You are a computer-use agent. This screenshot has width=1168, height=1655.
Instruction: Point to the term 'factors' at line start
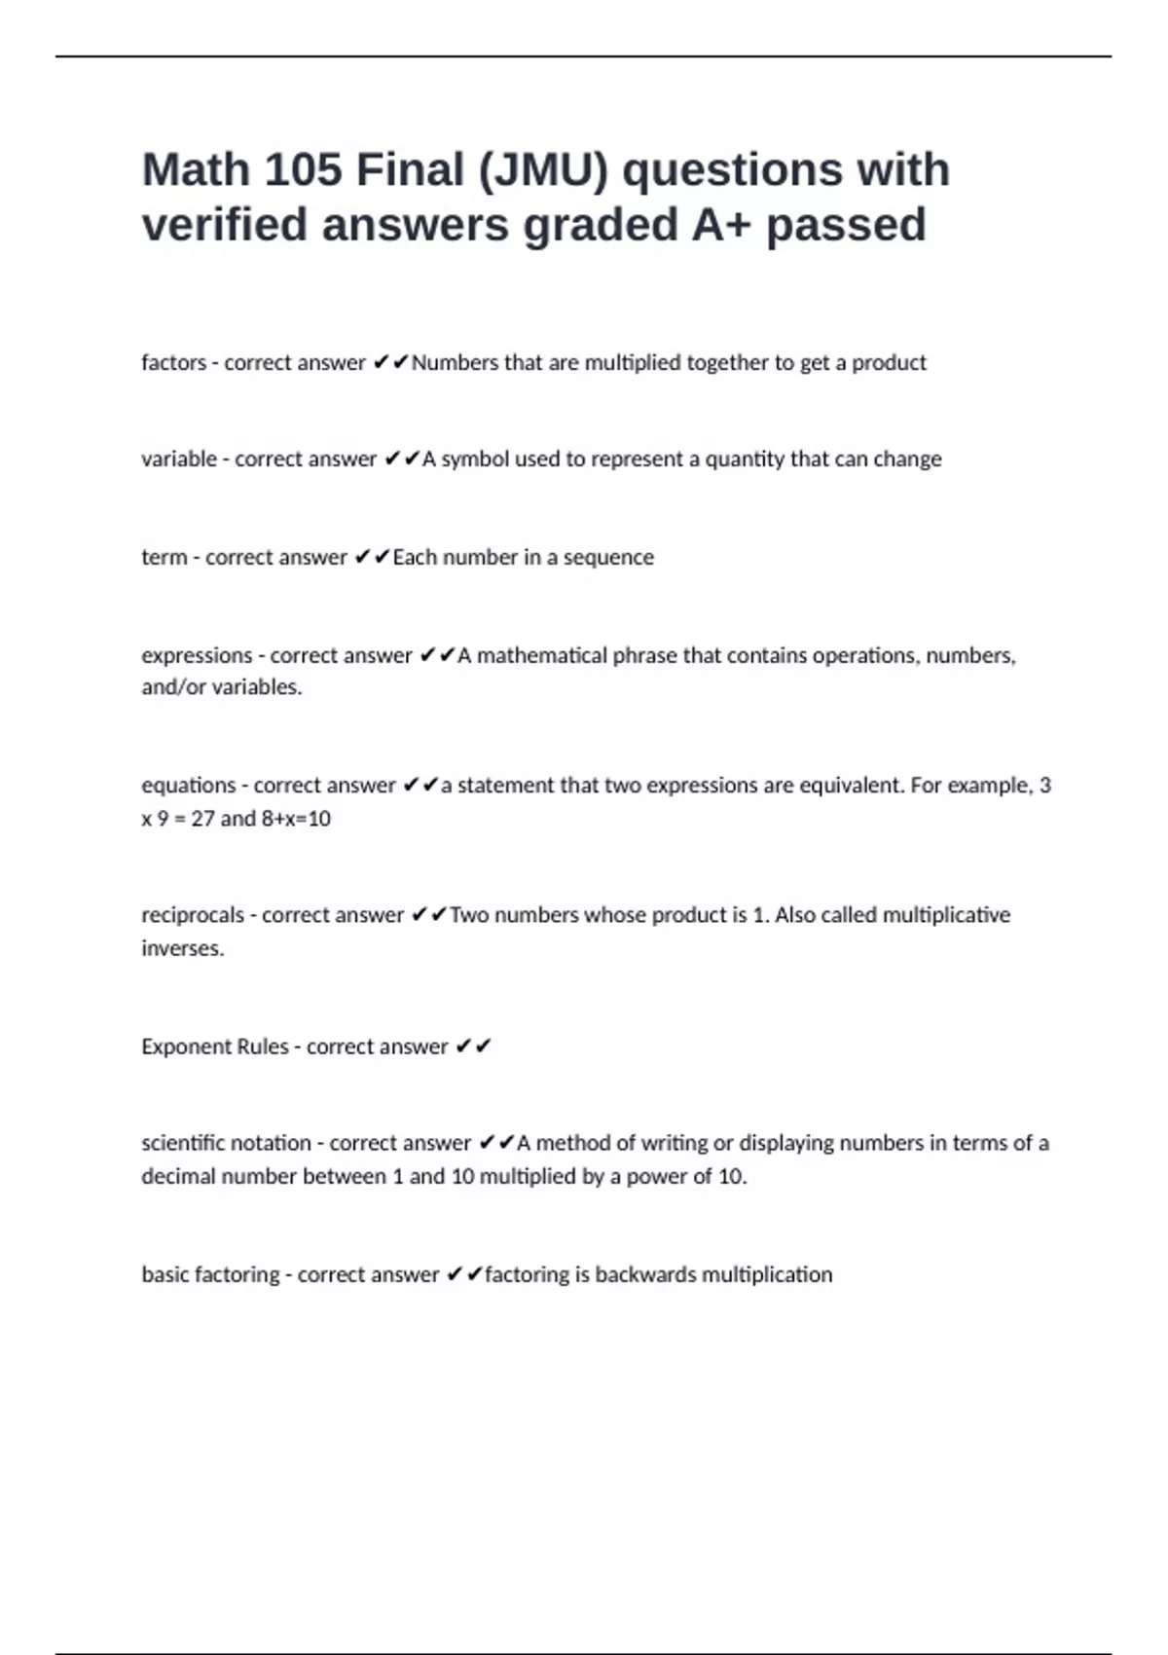pos(173,363)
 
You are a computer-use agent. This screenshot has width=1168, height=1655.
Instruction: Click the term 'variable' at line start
pos(178,460)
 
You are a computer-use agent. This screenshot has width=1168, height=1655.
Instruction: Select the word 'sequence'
pos(608,558)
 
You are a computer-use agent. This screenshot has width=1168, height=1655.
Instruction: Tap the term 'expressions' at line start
pos(196,656)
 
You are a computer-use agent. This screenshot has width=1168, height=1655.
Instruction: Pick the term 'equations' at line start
pos(187,786)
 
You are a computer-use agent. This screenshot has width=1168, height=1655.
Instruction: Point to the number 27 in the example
pos(202,819)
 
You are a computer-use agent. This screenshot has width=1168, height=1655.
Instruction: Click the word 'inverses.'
pos(182,948)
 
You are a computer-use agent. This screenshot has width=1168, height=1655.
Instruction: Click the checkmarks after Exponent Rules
pos(474,1047)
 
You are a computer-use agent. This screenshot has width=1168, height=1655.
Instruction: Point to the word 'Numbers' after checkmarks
pos(453,363)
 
